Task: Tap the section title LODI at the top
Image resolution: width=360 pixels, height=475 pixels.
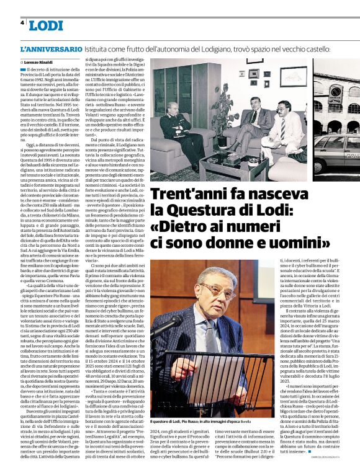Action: [x=46, y=25]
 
